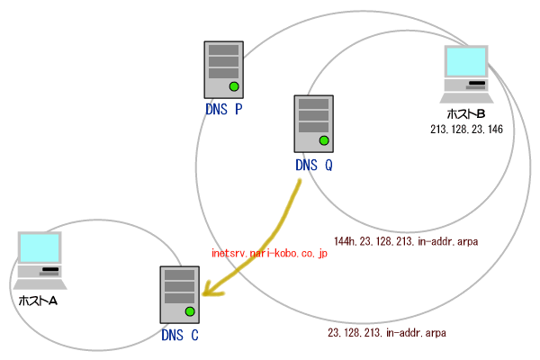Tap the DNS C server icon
point(179,295)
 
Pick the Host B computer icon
point(467,75)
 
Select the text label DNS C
point(179,337)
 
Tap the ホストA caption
point(39,300)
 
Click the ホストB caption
point(466,115)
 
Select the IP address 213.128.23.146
point(466,130)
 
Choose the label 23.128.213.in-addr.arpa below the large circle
point(387,333)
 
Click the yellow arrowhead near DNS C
point(211,289)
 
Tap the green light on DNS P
point(233,86)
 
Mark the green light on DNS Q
point(324,140)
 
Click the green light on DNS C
point(190,312)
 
